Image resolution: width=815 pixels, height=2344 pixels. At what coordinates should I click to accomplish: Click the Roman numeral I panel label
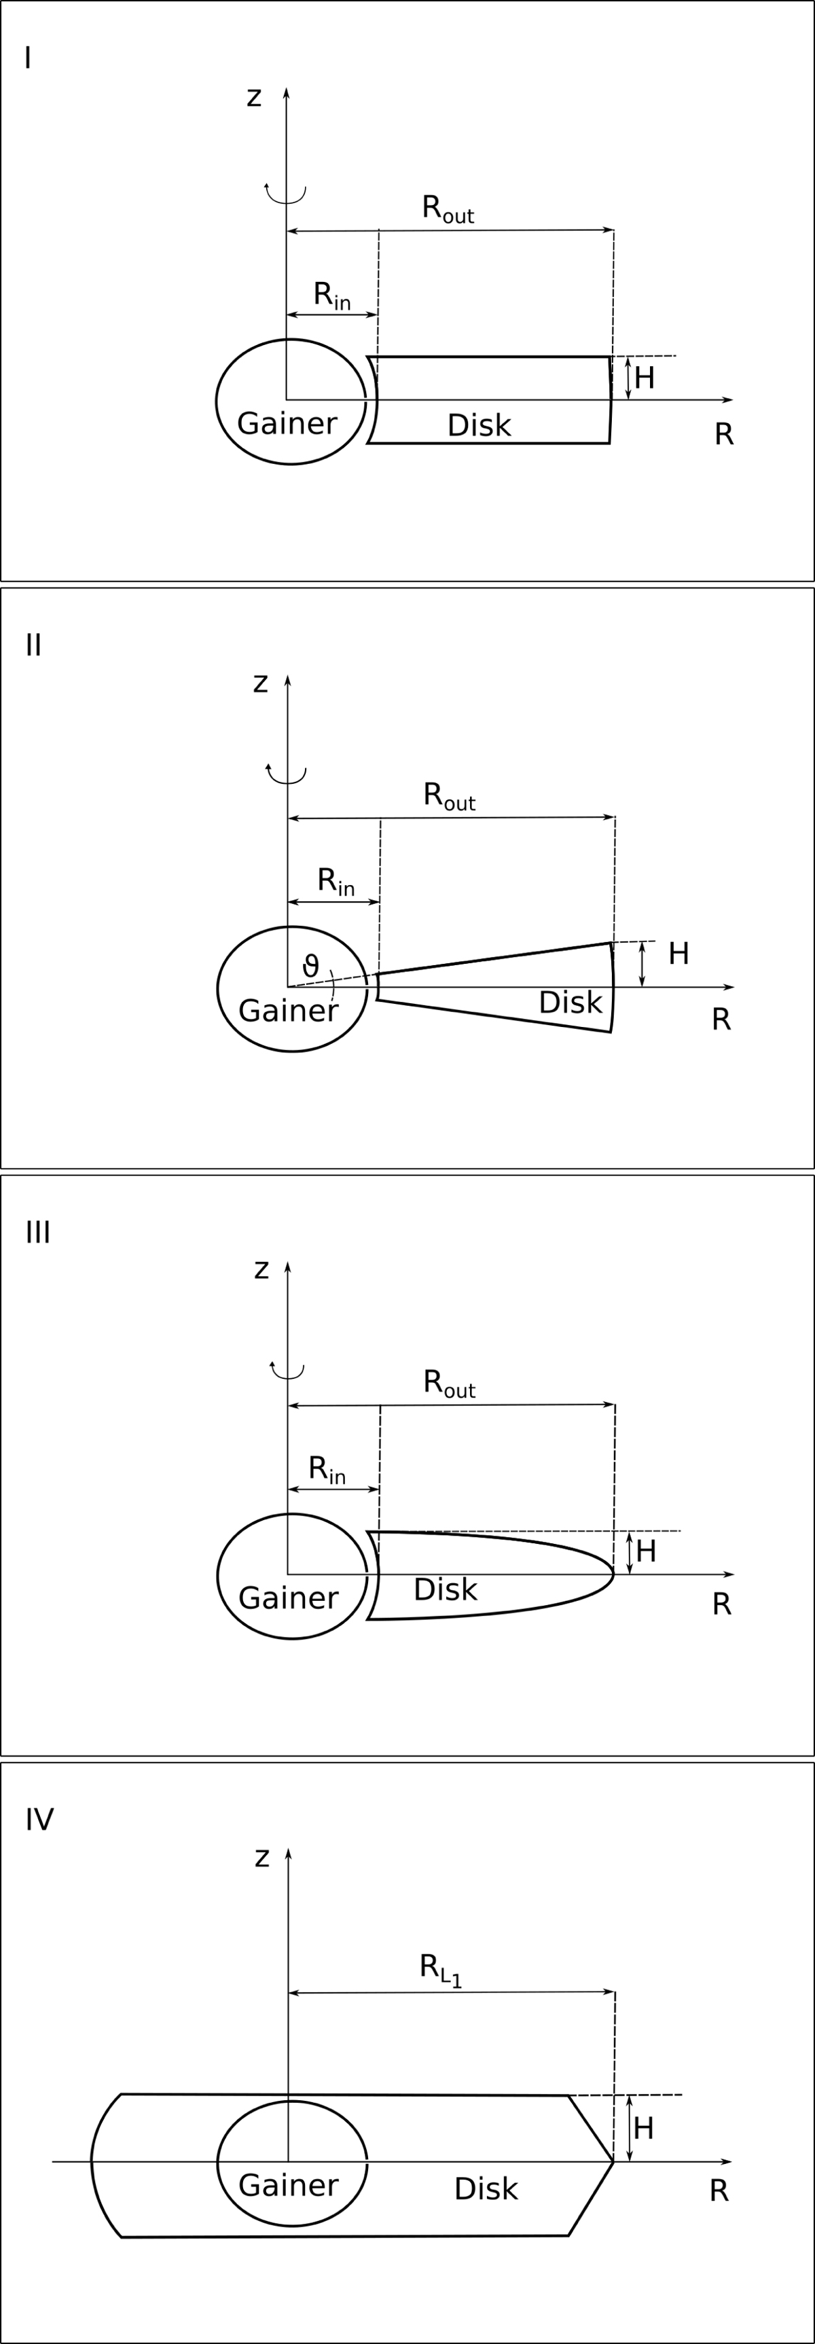tap(29, 58)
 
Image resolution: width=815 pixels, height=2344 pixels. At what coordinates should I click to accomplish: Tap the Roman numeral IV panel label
tap(39, 1819)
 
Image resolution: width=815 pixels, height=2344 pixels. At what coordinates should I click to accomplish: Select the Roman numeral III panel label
tap(37, 1232)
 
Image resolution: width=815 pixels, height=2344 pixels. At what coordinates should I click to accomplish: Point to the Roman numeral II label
tap(34, 645)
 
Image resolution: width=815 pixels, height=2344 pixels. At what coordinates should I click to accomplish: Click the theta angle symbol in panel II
tap(311, 965)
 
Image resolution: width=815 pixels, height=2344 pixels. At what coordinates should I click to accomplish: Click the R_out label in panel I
tap(448, 209)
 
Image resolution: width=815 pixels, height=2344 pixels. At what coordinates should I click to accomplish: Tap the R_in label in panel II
tap(336, 881)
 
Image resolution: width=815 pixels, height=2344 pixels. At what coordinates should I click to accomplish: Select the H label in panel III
tap(646, 1551)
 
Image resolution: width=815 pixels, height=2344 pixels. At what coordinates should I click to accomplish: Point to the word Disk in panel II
tap(570, 1003)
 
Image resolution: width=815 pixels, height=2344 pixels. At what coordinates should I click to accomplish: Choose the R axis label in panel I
tap(724, 435)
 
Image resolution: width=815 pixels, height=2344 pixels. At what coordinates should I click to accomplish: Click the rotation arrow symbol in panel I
tap(286, 193)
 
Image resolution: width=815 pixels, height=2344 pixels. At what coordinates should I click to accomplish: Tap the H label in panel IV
tap(643, 2128)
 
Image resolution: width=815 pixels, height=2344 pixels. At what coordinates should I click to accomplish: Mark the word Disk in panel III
tap(446, 1589)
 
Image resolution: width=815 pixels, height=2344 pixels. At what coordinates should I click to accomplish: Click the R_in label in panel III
tap(327, 1468)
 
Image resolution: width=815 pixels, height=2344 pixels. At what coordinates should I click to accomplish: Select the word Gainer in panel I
tap(287, 424)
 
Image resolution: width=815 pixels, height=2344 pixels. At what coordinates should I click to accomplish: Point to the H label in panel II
tap(678, 954)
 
